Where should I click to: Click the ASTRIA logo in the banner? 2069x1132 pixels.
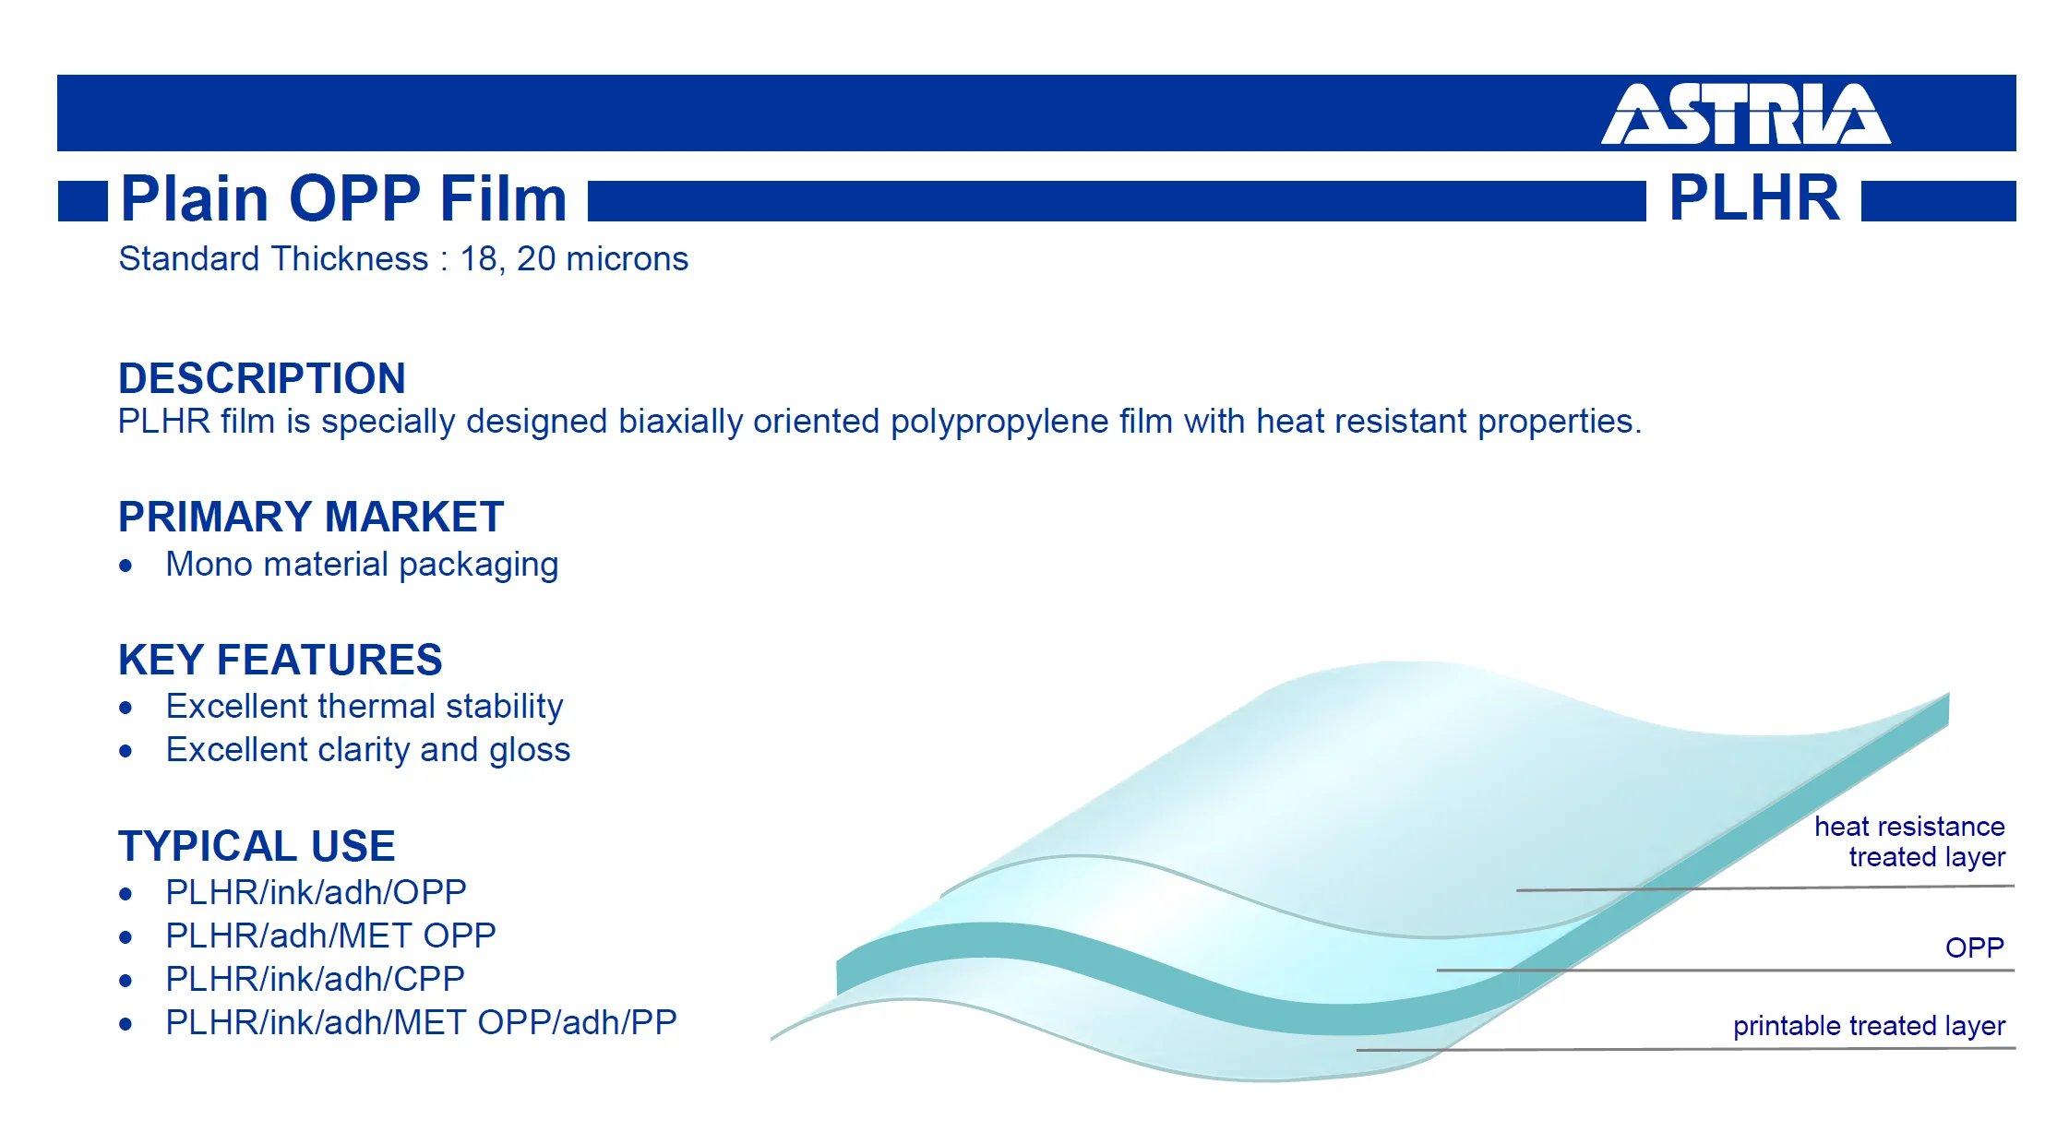[1745, 114]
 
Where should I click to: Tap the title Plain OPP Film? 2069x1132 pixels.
[343, 198]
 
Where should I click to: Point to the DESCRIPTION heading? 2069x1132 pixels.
[262, 378]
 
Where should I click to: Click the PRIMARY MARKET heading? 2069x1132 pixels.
[311, 517]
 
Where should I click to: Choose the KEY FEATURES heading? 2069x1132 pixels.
[281, 660]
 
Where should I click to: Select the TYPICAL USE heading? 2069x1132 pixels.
[257, 846]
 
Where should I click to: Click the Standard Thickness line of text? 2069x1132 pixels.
[403, 259]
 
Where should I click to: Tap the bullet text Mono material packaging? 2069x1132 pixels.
[362, 565]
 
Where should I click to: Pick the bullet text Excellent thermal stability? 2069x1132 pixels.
[365, 707]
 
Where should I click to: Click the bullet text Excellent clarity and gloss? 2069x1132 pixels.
[368, 750]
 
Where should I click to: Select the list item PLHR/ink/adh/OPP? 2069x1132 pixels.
[316, 892]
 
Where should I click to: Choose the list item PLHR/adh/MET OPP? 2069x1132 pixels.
[330, 935]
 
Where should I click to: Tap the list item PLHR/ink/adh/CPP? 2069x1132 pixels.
[315, 979]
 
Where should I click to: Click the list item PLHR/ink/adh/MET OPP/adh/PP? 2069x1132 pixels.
[421, 1022]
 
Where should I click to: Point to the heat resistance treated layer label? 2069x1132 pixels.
[1909, 841]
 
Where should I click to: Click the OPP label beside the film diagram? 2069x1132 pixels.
[1974, 947]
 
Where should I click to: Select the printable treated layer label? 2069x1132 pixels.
[1869, 1026]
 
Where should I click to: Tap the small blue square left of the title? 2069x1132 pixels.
[83, 201]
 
